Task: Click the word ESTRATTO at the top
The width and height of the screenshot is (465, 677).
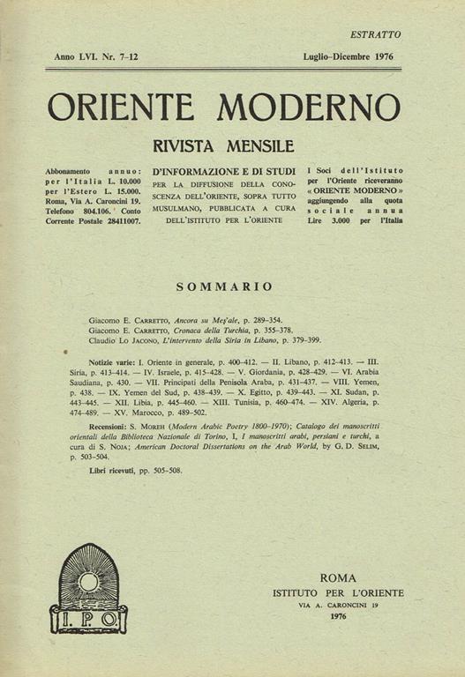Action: (375, 35)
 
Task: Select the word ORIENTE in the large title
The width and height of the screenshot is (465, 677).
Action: (120, 107)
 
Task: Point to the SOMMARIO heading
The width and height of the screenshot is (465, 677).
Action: (224, 286)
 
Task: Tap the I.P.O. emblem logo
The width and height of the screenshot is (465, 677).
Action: (88, 588)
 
